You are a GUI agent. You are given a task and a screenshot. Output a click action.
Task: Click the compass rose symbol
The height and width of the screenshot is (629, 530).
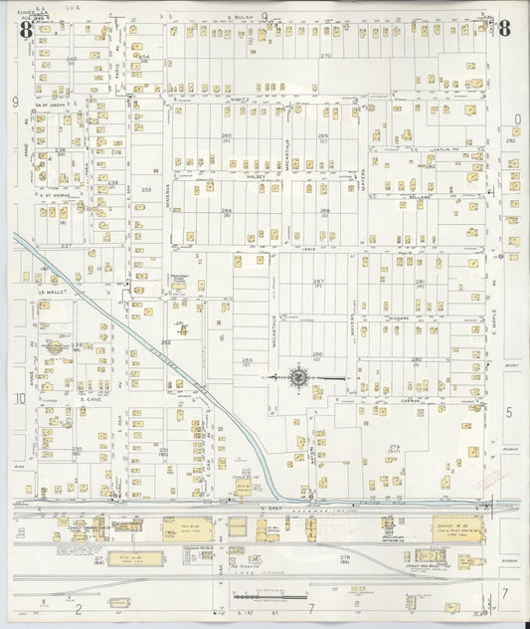tap(298, 377)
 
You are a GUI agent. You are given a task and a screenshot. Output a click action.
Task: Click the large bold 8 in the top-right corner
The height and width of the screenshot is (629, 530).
tap(504, 28)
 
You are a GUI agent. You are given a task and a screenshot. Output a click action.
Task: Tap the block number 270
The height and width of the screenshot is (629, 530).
tap(325, 56)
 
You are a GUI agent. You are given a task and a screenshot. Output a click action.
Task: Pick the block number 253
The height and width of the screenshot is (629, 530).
tap(147, 189)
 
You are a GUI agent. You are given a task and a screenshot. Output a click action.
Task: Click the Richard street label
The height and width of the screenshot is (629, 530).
tap(400, 318)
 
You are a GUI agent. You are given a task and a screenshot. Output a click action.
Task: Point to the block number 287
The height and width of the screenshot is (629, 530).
tap(318, 282)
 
